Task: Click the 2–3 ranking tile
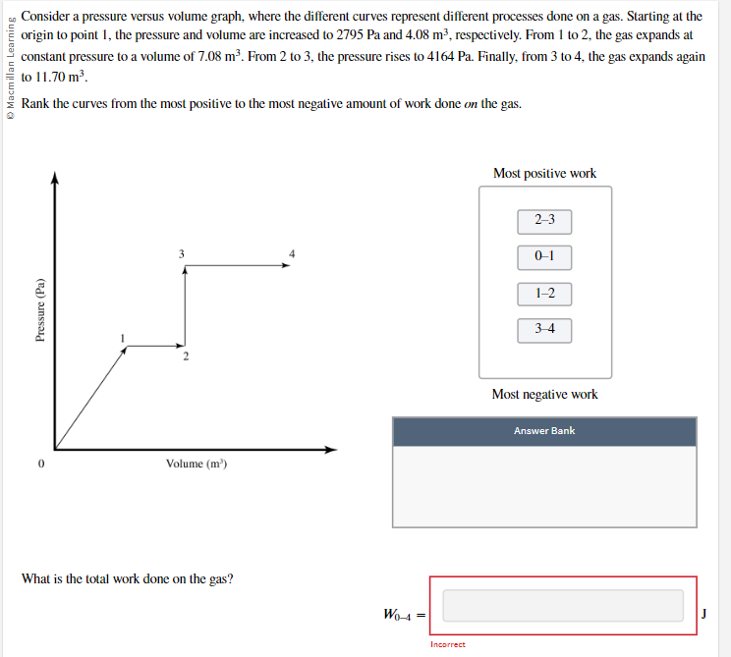click(x=545, y=220)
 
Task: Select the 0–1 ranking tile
click(x=545, y=256)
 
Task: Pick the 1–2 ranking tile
click(x=545, y=293)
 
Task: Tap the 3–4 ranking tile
click(x=545, y=329)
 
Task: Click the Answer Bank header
click(x=544, y=431)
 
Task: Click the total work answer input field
click(x=563, y=605)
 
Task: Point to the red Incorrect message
click(x=448, y=644)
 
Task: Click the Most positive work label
click(x=544, y=174)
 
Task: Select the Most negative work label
click(x=544, y=395)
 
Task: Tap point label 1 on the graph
click(x=122, y=339)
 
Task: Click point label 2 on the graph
click(x=185, y=357)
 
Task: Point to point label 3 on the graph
click(x=181, y=254)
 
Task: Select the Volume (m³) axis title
click(x=197, y=464)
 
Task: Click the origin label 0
click(x=41, y=464)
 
